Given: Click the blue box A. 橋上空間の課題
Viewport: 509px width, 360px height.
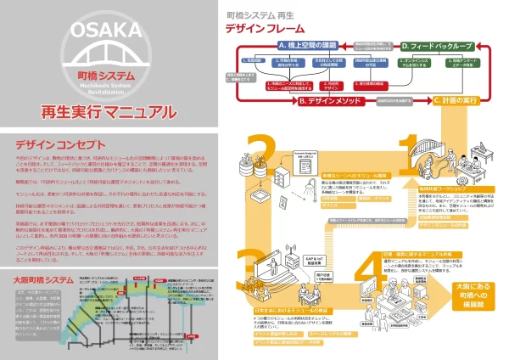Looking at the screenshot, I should (x=310, y=44).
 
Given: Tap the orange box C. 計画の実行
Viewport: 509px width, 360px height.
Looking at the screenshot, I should (x=437, y=100).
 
